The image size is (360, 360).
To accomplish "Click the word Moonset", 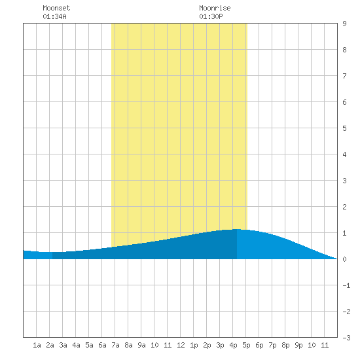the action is [x=56, y=8].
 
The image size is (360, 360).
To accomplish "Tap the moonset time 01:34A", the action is [x=54, y=16].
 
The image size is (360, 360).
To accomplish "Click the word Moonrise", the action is [x=215, y=8].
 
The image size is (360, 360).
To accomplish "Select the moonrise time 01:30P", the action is [x=211, y=16].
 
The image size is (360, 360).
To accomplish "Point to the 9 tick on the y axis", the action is [x=344, y=24].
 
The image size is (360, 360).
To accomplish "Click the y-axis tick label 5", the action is [x=344, y=128].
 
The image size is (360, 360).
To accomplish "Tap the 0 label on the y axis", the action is [x=344, y=259].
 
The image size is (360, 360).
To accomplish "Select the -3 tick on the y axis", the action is [x=346, y=338].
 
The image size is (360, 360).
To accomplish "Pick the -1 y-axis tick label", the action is [x=346, y=285].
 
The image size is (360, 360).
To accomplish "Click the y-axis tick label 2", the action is [x=344, y=207].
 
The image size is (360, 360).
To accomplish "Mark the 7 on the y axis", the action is [x=344, y=76].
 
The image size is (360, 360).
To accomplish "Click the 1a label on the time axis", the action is [x=37, y=345].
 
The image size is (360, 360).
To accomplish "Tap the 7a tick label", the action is [x=115, y=345].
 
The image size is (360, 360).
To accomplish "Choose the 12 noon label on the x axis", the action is [x=181, y=345].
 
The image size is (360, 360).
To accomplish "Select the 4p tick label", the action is [x=233, y=345].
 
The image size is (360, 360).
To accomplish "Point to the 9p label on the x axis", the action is [x=298, y=345].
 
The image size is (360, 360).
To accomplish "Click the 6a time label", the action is [x=102, y=345].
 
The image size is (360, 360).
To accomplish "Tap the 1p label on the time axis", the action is [x=194, y=345].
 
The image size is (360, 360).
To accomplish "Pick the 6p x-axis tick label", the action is [x=259, y=345].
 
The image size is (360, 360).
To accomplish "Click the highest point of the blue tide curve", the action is [x=237, y=229].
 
